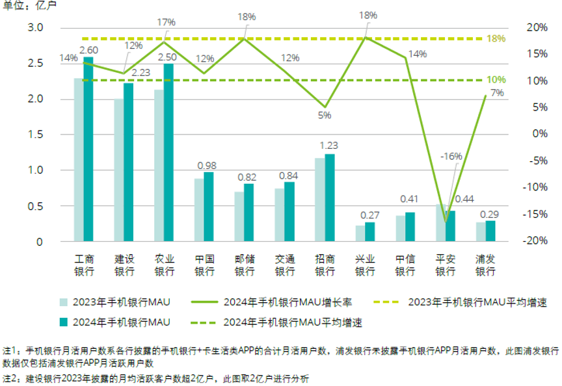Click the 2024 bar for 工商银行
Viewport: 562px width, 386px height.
pyautogui.click(x=88, y=149)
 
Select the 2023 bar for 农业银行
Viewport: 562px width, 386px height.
pyautogui.click(x=159, y=166)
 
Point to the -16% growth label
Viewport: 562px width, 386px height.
pyautogui.click(x=451, y=156)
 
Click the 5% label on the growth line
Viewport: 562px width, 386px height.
pyautogui.click(x=325, y=115)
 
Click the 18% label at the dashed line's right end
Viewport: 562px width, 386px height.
pyautogui.click(x=496, y=39)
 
